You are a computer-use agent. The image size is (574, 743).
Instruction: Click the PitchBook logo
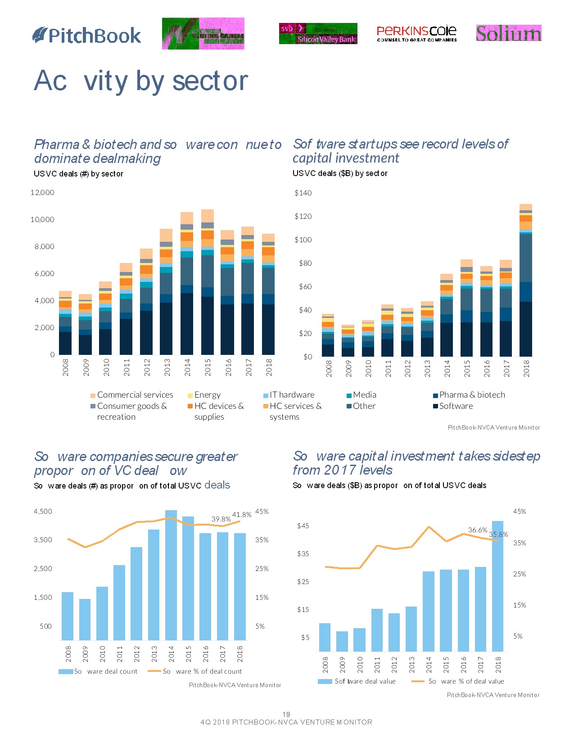pyautogui.click(x=87, y=36)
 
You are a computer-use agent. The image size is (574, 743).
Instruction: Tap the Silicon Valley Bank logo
pyautogui.click(x=318, y=34)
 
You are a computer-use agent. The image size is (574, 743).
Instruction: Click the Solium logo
pyautogui.click(x=508, y=33)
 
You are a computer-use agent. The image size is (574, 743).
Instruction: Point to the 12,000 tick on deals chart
pyautogui.click(x=42, y=193)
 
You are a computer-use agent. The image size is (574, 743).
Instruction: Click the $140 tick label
pyautogui.click(x=303, y=193)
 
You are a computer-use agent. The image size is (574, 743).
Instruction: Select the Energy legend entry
pyautogui.click(x=204, y=395)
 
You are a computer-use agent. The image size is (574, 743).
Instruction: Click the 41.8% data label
pyautogui.click(x=242, y=515)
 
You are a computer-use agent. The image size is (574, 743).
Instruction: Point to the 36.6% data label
pyautogui.click(x=478, y=530)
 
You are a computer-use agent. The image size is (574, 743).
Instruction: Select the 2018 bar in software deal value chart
pyautogui.click(x=497, y=585)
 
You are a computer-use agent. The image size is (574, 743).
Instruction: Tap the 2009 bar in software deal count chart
pyautogui.click(x=85, y=619)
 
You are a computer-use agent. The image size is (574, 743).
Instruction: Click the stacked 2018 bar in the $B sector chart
pyautogui.click(x=526, y=280)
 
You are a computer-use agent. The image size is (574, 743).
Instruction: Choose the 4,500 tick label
pyautogui.click(x=43, y=512)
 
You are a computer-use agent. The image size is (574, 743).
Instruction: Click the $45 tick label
pyautogui.click(x=303, y=526)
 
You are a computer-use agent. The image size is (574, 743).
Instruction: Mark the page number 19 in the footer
pyautogui.click(x=286, y=715)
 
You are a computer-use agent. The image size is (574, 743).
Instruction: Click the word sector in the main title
pyautogui.click(x=210, y=81)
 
